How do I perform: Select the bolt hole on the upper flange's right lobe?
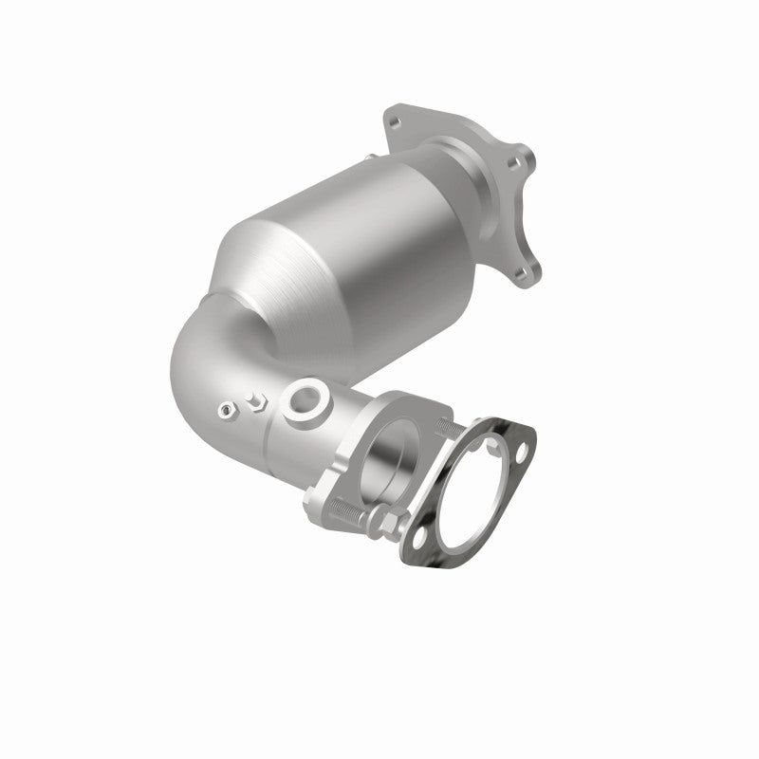[513, 163]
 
